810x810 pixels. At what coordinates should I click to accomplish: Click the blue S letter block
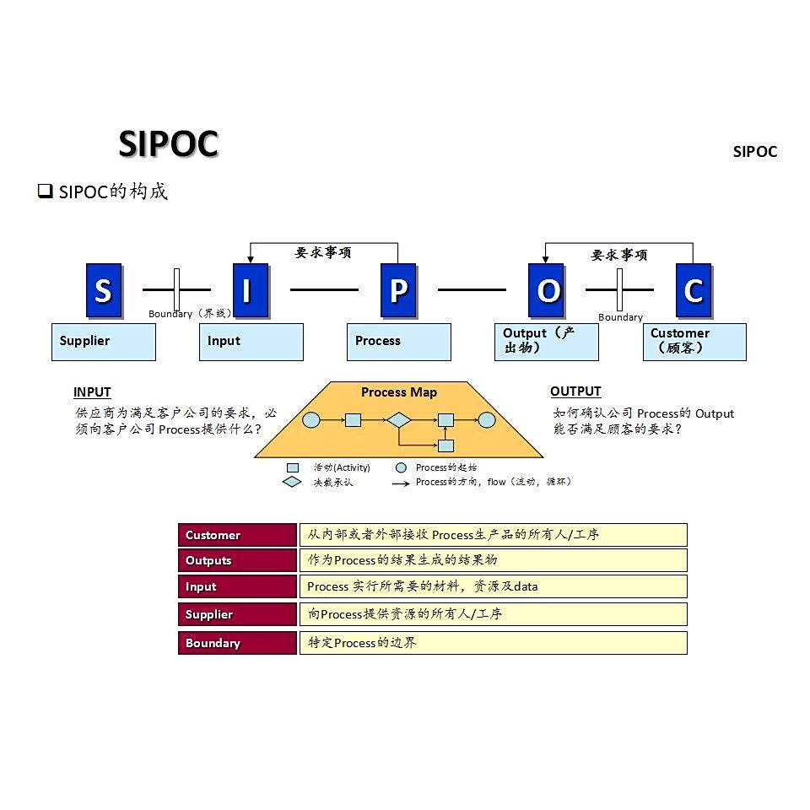point(104,290)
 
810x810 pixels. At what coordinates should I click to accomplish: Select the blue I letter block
point(250,290)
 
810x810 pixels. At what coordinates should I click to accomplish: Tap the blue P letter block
point(398,290)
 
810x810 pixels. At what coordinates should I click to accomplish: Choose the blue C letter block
point(694,290)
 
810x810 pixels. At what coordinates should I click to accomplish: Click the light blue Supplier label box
point(104,342)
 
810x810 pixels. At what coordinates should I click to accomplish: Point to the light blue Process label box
point(398,342)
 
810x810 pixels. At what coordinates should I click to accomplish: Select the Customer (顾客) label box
point(694,342)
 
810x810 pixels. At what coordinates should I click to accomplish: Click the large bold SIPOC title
point(168,144)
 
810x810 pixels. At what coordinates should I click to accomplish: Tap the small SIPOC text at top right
point(754,152)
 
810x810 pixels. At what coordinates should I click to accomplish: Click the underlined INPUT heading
point(92,391)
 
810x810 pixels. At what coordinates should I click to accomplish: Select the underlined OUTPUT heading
point(575,391)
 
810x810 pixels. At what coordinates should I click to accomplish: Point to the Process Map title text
point(399,392)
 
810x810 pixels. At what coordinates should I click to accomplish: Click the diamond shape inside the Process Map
point(398,419)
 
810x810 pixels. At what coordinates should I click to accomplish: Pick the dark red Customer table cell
point(237,535)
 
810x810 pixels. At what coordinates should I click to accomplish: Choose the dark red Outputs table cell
point(237,560)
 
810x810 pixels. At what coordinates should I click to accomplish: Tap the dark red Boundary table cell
point(237,643)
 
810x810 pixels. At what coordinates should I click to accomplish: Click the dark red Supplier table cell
point(237,614)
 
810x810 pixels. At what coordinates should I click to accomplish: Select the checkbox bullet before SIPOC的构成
point(45,192)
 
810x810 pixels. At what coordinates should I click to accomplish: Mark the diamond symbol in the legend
point(292,482)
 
